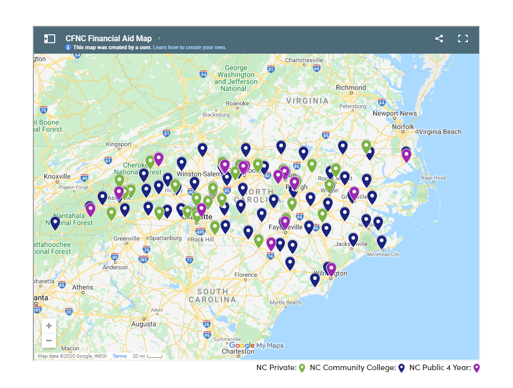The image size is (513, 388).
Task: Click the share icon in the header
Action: (439, 39)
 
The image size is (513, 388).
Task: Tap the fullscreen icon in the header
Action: (463, 39)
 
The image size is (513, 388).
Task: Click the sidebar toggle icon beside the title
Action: (49, 39)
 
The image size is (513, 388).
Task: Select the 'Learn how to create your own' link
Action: (189, 48)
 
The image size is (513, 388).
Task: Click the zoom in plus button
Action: (49, 326)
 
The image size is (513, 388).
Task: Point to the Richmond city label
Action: (351, 87)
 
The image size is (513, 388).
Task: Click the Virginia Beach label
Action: (440, 132)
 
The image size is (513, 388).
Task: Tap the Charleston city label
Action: (238, 351)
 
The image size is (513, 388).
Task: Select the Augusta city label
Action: (143, 324)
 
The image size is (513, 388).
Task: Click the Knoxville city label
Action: (57, 176)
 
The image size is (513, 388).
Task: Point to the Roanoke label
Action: (237, 103)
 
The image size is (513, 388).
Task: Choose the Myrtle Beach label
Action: (285, 303)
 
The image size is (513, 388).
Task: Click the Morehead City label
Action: (383, 254)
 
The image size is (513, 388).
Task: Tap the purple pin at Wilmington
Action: (331, 269)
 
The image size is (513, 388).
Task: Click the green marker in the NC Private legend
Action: (302, 368)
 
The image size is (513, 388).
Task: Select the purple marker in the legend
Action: (476, 368)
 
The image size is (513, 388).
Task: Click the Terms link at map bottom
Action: (119, 356)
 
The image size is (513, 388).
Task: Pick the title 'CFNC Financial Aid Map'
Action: (108, 38)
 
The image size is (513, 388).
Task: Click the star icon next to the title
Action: (159, 38)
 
